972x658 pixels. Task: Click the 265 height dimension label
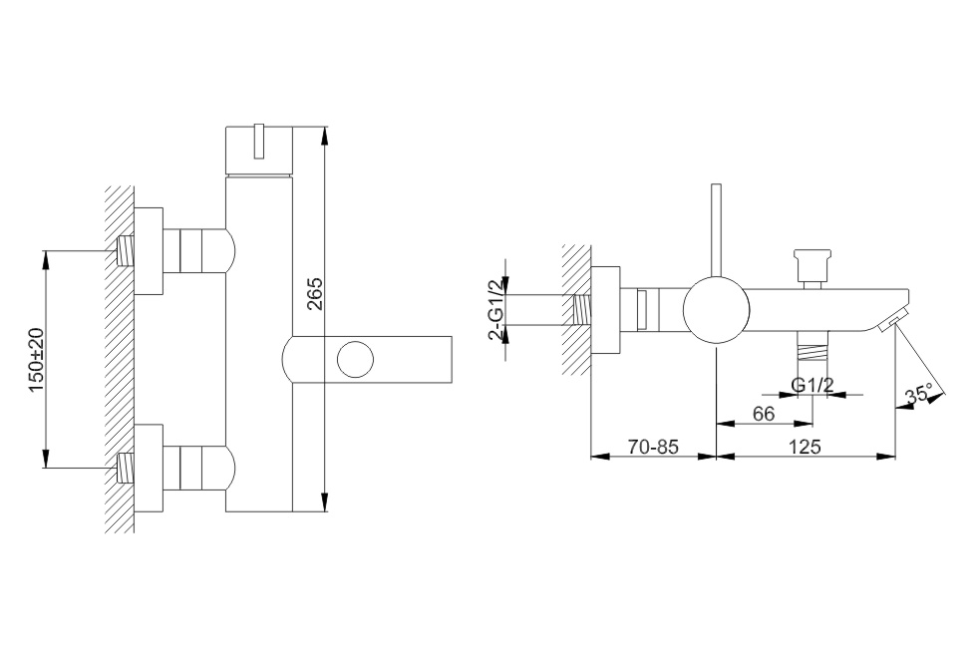[315, 294]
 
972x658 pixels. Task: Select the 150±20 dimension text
[37, 360]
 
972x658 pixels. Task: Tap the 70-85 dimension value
[653, 446]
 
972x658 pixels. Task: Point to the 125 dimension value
[806, 446]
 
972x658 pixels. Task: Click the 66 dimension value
[765, 414]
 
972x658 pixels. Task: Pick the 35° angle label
[918, 395]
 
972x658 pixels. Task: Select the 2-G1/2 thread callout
[495, 309]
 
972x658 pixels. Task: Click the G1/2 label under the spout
[812, 385]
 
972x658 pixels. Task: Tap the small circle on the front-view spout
[355, 359]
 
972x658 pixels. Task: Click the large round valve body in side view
[717, 309]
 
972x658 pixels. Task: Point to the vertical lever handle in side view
[717, 230]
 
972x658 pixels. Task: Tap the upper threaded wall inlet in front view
[127, 251]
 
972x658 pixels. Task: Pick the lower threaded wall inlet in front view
[127, 469]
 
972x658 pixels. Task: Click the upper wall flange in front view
[149, 251]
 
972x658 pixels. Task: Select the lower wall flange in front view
[149, 469]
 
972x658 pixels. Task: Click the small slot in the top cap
[259, 142]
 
